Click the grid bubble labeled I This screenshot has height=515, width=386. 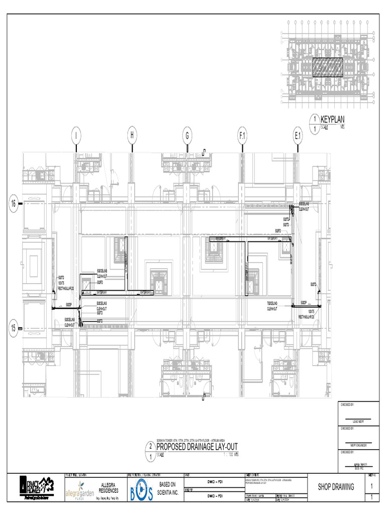(x=75, y=135)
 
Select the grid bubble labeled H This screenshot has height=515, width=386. (x=132, y=135)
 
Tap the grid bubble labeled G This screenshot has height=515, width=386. (x=187, y=135)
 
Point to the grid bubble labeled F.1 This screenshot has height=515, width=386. (x=243, y=135)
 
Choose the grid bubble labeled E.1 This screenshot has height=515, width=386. (x=298, y=135)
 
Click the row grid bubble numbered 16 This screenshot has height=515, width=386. (x=14, y=203)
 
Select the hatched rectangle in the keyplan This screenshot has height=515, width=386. (x=328, y=67)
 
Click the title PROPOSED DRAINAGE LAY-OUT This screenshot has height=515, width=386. (x=197, y=447)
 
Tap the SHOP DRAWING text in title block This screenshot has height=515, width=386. (x=336, y=486)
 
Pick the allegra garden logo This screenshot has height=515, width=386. (x=79, y=493)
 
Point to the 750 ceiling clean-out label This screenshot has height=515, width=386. (x=276, y=305)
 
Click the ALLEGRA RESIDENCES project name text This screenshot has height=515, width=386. (x=109, y=487)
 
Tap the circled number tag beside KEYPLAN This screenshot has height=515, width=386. (x=315, y=123)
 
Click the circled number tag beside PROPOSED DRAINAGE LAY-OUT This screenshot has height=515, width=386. (x=151, y=451)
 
